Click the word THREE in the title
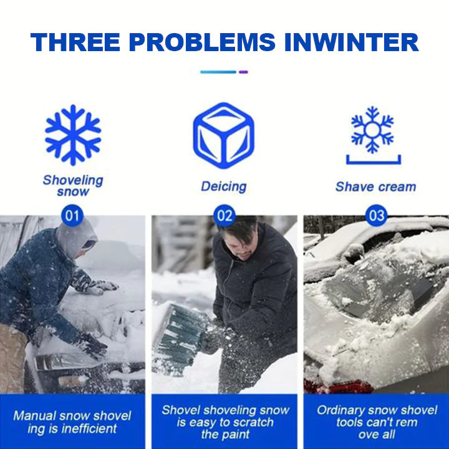click(75, 42)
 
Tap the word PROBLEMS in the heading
click(202, 42)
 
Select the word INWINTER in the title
click(351, 42)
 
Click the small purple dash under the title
click(243, 72)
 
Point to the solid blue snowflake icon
click(73, 135)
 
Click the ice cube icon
click(224, 135)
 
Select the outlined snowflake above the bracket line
click(372, 130)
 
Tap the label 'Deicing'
click(224, 186)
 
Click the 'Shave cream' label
click(375, 186)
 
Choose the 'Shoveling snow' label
click(73, 186)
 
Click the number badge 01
click(72, 215)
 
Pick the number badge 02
click(224, 215)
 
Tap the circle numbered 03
click(376, 215)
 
